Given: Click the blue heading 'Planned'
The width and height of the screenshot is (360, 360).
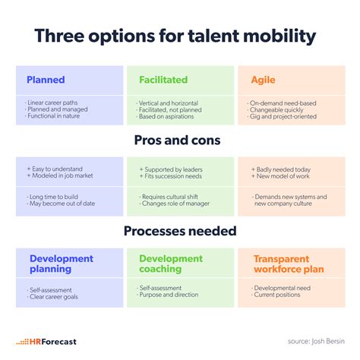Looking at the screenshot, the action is pyautogui.click(x=46, y=80).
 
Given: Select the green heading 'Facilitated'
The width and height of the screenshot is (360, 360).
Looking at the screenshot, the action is pyautogui.click(x=163, y=80).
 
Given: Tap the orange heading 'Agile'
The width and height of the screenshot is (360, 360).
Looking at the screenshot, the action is pyautogui.click(x=263, y=80).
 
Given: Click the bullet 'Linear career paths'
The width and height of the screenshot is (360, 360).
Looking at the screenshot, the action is pyautogui.click(x=52, y=103).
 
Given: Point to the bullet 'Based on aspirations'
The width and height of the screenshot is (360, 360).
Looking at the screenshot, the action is pyautogui.click(x=166, y=116).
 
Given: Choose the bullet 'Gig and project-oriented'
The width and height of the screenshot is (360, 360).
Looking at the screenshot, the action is pyautogui.click(x=283, y=116).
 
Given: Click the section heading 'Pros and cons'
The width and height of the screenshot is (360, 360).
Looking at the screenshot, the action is pyautogui.click(x=177, y=140).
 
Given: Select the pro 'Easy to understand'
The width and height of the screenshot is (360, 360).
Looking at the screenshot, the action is pyautogui.click(x=57, y=169).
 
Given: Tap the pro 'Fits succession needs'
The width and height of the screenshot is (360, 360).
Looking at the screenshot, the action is pyautogui.click(x=173, y=176).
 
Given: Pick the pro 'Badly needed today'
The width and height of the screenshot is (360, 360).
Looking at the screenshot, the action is pyautogui.click(x=283, y=169).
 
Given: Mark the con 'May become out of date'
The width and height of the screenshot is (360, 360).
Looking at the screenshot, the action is pyautogui.click(x=62, y=204).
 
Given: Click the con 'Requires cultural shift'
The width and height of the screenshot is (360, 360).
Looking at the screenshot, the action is pyautogui.click(x=170, y=197).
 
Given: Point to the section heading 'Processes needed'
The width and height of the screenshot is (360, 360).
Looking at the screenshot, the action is pyautogui.click(x=180, y=231).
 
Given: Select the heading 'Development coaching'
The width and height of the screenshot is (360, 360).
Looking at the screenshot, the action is pyautogui.click(x=171, y=264).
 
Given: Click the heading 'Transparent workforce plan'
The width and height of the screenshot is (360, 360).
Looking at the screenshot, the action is pyautogui.click(x=289, y=264).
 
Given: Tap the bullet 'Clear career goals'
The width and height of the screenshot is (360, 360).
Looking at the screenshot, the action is pyautogui.click(x=54, y=297).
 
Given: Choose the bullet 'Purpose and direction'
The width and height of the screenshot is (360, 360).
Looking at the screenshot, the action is pyautogui.click(x=169, y=295).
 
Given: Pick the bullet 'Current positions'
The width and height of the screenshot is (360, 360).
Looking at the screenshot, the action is pyautogui.click(x=277, y=295).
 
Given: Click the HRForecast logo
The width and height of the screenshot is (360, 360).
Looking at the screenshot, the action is pyautogui.click(x=46, y=342).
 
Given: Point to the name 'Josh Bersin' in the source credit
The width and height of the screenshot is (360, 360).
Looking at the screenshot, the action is pyautogui.click(x=328, y=341).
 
